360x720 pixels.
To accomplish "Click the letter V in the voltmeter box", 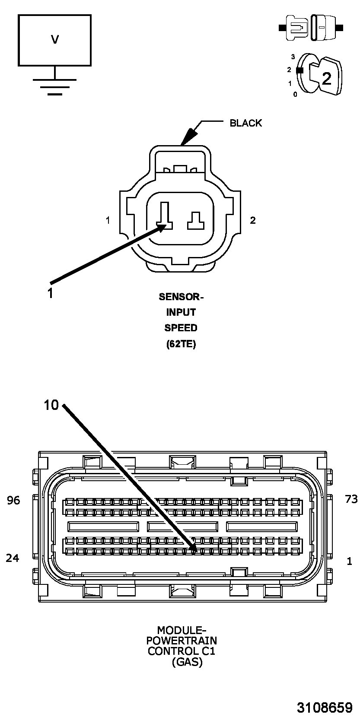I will pyautogui.click(x=54, y=40).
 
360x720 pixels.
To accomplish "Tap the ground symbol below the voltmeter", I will pyautogui.click(x=54, y=86).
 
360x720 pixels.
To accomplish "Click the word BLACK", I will pyautogui.click(x=245, y=123).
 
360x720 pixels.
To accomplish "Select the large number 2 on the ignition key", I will pyautogui.click(x=327, y=78).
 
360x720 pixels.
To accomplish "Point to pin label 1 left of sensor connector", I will pyautogui.click(x=108, y=220).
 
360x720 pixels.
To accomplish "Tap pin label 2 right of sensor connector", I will pyautogui.click(x=253, y=220).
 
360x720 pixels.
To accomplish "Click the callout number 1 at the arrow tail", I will pyautogui.click(x=51, y=293).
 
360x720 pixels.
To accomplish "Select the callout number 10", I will pyautogui.click(x=51, y=405).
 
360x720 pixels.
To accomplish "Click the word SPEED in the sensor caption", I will pyautogui.click(x=181, y=328).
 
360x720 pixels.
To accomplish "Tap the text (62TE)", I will pyautogui.click(x=181, y=344).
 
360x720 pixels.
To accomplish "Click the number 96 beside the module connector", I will pyautogui.click(x=14, y=500).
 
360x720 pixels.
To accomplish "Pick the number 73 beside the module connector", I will pyautogui.click(x=351, y=499).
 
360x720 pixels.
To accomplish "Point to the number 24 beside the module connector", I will pyautogui.click(x=13, y=558).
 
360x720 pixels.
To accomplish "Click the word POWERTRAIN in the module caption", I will pyautogui.click(x=182, y=640).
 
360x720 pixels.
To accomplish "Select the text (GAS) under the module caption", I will pyautogui.click(x=187, y=662).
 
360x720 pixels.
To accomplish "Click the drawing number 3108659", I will pyautogui.click(x=325, y=707).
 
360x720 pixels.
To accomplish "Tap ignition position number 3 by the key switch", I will pyautogui.click(x=293, y=57).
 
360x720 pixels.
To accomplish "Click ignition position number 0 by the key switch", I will pyautogui.click(x=295, y=95).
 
